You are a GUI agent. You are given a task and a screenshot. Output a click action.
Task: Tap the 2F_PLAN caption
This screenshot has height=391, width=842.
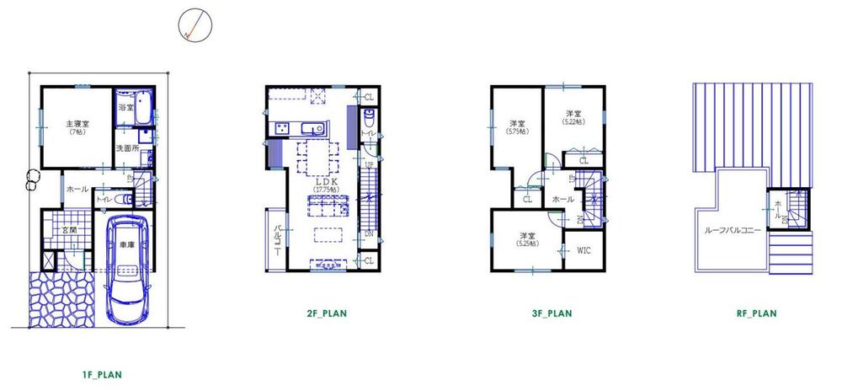tap(328, 313)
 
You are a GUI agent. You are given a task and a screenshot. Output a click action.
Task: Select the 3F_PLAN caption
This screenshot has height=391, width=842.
tap(552, 313)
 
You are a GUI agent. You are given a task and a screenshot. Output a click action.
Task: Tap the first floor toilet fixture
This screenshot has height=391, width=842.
tap(124, 200)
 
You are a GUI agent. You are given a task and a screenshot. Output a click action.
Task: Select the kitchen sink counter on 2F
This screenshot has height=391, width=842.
tap(300, 128)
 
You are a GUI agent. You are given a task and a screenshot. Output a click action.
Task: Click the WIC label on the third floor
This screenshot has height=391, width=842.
tap(584, 251)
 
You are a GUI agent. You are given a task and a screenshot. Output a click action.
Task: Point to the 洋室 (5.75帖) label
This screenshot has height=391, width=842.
tap(518, 126)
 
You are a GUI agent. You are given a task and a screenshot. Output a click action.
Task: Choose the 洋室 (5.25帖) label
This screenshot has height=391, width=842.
tap(528, 238)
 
